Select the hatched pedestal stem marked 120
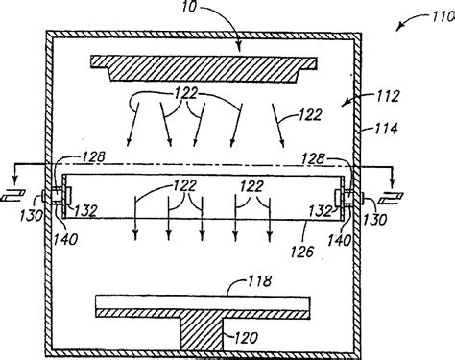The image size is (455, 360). [203, 337]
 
